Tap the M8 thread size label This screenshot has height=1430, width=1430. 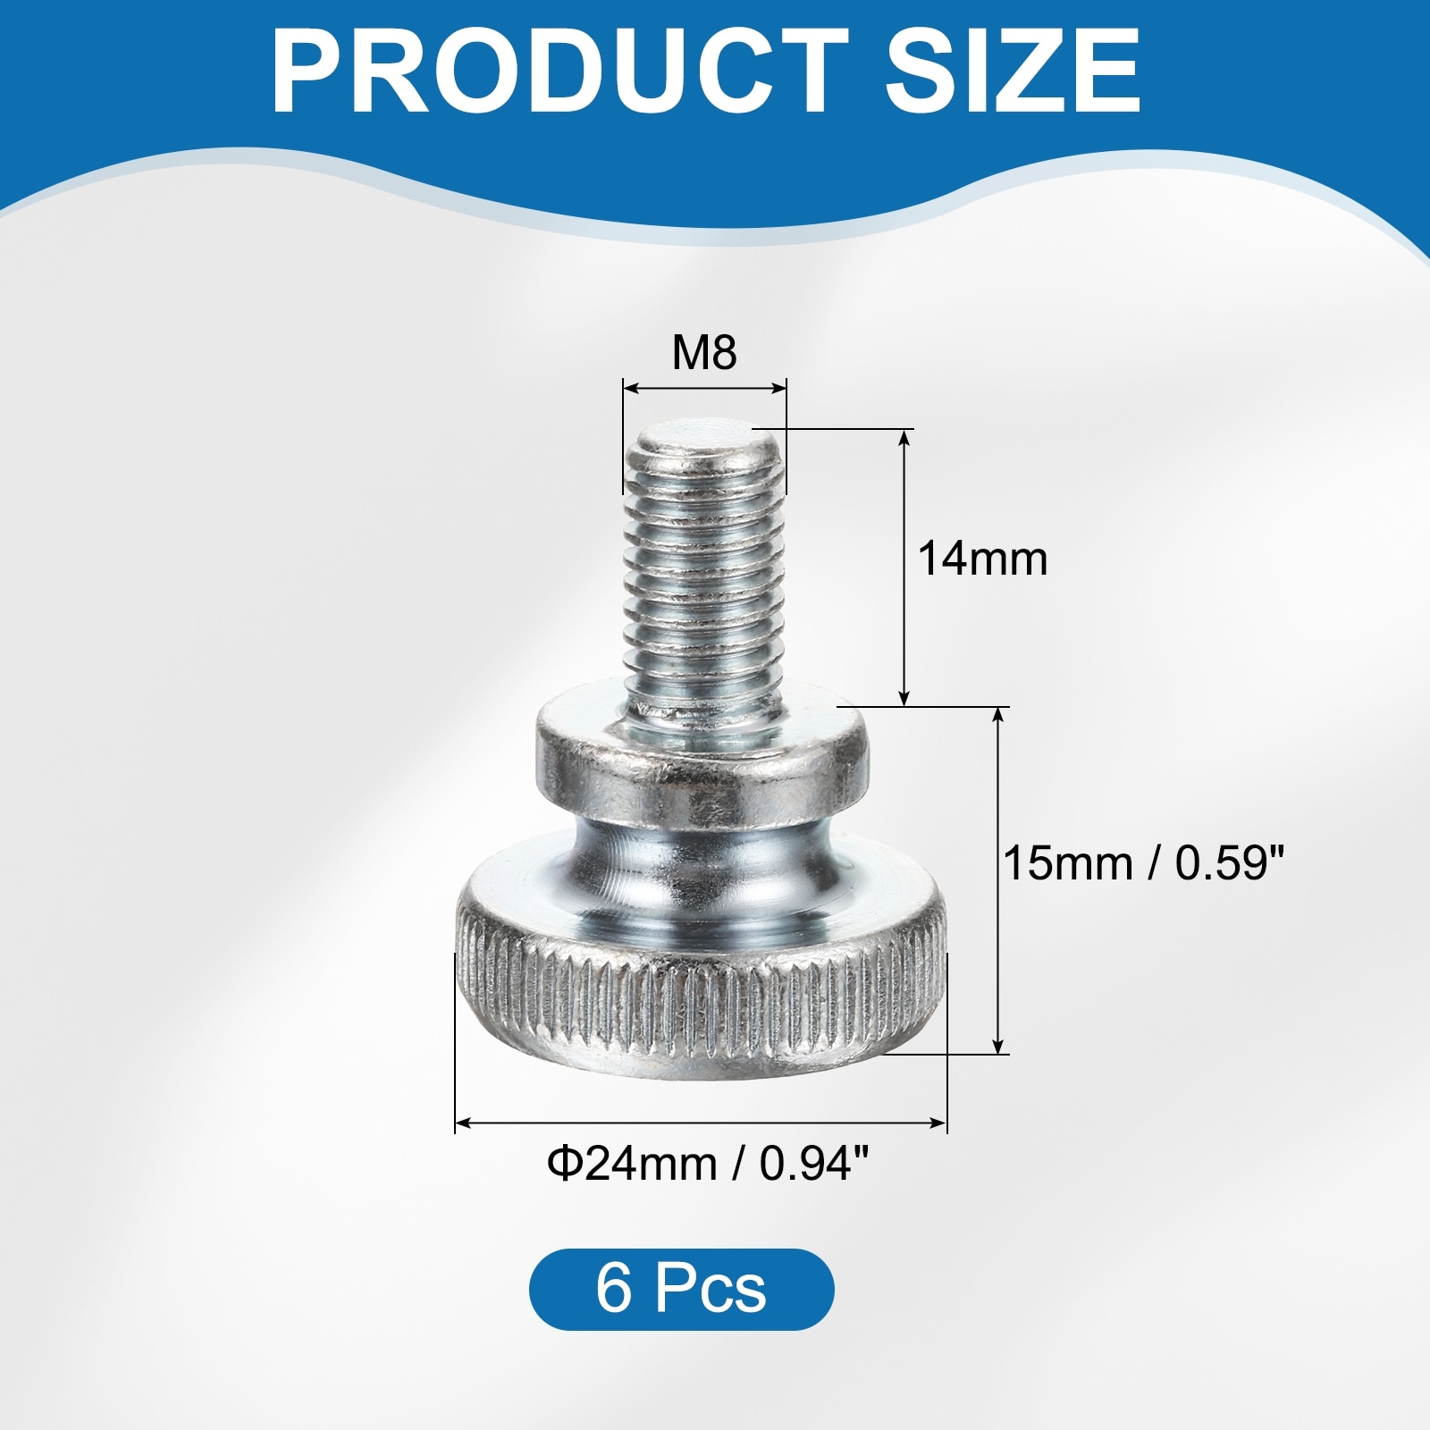pyautogui.click(x=704, y=353)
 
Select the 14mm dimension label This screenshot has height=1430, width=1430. pyautogui.click(x=982, y=559)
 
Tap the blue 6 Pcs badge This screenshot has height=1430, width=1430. pyautogui.click(x=682, y=1290)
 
